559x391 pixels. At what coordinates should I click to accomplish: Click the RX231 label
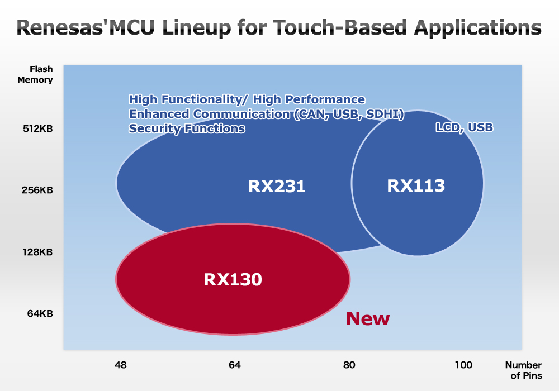click(x=277, y=186)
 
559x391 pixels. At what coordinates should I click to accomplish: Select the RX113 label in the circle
click(x=416, y=185)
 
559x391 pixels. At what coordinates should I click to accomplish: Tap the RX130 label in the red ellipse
click(x=233, y=279)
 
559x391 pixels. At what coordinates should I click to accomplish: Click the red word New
click(x=368, y=318)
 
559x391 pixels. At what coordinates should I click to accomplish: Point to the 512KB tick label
click(x=38, y=129)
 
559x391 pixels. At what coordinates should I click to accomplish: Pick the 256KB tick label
click(x=37, y=190)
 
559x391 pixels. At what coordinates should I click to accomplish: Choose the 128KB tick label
click(x=37, y=252)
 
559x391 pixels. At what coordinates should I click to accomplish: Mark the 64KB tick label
click(x=40, y=314)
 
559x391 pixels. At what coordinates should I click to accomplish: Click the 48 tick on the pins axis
click(x=121, y=365)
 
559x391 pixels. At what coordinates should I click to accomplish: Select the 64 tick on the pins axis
click(x=235, y=365)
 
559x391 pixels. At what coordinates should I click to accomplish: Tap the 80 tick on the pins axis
click(x=349, y=365)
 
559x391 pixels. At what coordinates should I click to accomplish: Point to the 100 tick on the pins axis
click(x=463, y=365)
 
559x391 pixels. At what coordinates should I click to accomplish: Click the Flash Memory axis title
click(x=35, y=74)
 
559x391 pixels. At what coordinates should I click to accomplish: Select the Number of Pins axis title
click(x=524, y=370)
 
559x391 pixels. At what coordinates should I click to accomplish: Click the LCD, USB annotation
click(x=464, y=127)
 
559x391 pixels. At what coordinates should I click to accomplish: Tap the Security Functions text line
click(x=187, y=128)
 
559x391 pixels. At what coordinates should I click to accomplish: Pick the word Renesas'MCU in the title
click(x=86, y=27)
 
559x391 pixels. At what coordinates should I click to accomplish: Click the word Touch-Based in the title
click(x=340, y=27)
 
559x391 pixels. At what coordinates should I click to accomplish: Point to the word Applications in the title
click(x=478, y=28)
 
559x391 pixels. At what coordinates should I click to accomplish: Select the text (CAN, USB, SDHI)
click(x=349, y=115)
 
